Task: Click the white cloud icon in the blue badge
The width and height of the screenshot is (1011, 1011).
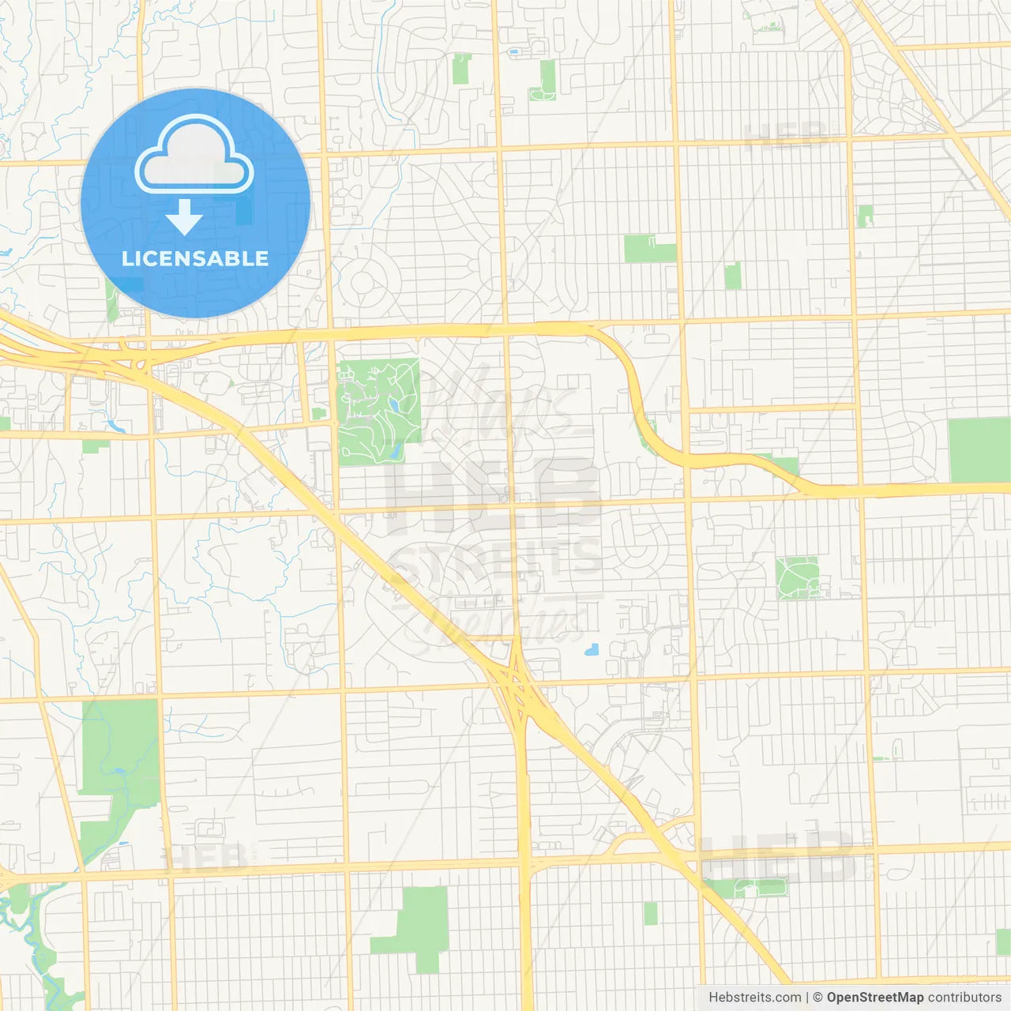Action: (194, 156)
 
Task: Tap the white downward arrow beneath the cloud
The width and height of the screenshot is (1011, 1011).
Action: (185, 218)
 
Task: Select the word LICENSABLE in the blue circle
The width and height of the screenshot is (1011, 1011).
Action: (195, 258)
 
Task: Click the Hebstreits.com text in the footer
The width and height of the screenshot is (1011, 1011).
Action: (754, 998)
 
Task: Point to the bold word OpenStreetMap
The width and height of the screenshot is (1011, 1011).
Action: (875, 998)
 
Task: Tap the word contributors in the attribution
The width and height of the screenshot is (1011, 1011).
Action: (964, 998)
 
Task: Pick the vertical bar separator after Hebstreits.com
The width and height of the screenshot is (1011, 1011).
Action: (807, 998)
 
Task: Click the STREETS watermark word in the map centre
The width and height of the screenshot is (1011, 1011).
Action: (496, 557)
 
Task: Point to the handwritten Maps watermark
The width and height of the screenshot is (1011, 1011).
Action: (505, 403)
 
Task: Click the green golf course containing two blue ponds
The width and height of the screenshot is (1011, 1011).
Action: (379, 411)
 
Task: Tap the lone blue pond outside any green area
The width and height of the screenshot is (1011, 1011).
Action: (591, 651)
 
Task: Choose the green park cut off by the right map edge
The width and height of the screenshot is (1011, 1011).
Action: (979, 450)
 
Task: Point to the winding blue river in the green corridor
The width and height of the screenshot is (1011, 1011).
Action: (32, 940)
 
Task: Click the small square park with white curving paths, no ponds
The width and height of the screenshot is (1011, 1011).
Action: (796, 577)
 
